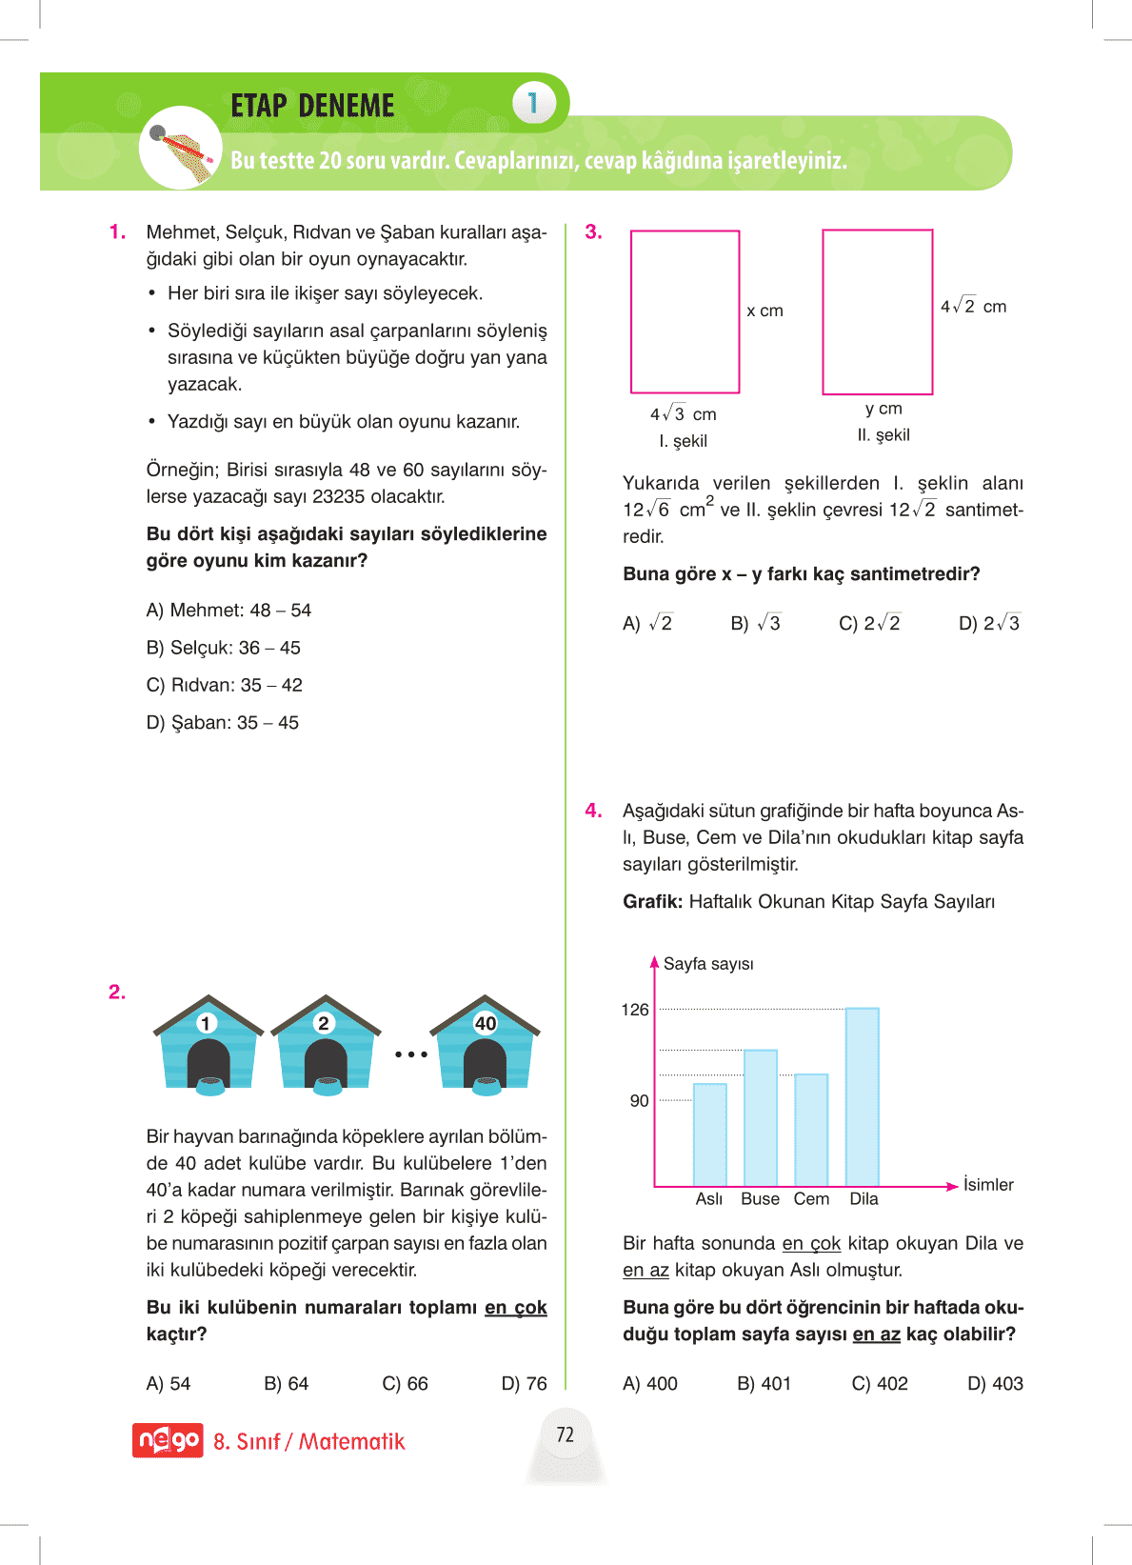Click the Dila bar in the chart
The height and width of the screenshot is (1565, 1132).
862,1095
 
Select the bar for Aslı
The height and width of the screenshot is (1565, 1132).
709,1134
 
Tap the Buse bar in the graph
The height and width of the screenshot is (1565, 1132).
760,1116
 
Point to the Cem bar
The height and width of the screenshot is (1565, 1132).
811,1129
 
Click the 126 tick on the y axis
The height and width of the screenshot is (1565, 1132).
635,1010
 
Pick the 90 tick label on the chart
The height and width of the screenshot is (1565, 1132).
639,1101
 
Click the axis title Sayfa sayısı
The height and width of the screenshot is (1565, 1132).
708,964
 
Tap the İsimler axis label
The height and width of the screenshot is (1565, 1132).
988,1185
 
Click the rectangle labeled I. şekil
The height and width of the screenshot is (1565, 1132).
685,311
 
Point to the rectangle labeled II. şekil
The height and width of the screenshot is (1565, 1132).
877,311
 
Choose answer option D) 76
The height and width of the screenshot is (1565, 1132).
524,1384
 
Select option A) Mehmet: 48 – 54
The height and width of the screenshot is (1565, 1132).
228,611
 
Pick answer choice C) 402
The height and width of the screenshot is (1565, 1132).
880,1384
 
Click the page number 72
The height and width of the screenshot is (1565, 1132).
566,1435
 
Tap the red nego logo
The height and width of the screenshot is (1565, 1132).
168,1440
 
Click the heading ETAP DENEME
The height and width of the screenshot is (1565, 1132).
312,106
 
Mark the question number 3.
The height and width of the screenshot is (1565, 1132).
593,232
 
